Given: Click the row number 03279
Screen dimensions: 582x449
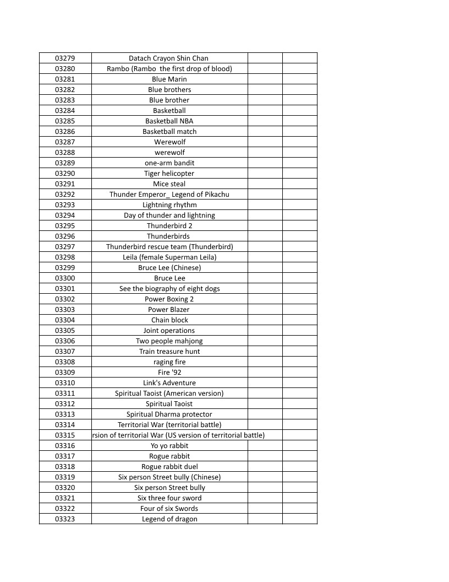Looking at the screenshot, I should point(65,58).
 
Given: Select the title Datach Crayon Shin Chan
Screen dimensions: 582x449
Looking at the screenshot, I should point(168,58).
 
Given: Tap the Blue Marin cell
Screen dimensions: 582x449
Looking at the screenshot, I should point(169,79).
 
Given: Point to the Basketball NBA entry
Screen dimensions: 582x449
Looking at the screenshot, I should point(169,121).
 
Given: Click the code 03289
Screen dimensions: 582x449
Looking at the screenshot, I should point(65,163).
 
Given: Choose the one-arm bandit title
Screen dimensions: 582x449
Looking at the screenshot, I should point(169,163).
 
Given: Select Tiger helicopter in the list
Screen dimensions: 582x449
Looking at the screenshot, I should point(169,173).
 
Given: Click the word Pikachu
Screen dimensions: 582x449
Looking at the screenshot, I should point(216,194).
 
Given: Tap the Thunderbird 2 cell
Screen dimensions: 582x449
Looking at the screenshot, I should point(169,225).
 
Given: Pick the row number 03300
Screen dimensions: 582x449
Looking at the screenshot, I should point(65,278).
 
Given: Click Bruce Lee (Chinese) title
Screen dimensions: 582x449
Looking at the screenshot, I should point(169,267).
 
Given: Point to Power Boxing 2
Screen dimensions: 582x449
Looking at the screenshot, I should point(169,299).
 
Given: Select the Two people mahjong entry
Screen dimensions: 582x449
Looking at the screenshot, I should point(169,341).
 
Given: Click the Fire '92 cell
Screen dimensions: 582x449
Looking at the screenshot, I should point(169,372).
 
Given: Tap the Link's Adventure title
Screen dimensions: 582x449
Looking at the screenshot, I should point(169,382).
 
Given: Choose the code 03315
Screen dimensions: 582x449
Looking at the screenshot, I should point(65,435).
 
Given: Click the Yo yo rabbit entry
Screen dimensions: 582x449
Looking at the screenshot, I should point(169,445).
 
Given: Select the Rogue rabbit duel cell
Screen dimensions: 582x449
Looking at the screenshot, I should point(169,466).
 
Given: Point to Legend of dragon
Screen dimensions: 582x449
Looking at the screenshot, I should point(169,519).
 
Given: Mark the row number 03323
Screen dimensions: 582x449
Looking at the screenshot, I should point(65,519).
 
